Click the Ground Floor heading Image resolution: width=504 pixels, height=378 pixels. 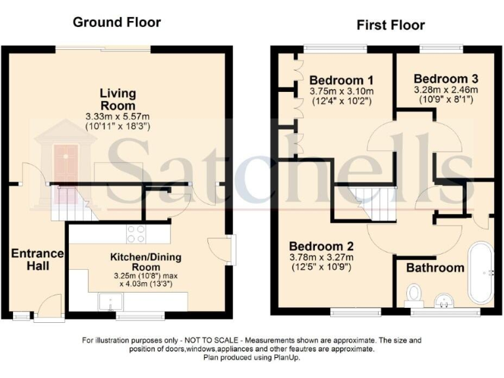point(117,22)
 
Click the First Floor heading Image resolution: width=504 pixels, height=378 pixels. point(390,26)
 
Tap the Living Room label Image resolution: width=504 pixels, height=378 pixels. point(118,98)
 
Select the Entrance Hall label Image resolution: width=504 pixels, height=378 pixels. point(37,259)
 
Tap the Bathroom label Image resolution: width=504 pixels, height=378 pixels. point(434,268)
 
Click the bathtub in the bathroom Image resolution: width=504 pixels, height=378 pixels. point(480,272)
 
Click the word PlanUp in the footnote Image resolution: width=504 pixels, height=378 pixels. point(285,358)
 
